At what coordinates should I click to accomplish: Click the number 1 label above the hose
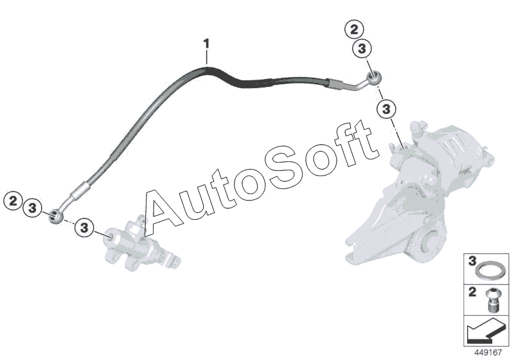coord(206,44)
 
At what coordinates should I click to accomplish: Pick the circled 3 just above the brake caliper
coord(386,108)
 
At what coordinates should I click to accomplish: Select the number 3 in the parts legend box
coord(471,262)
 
